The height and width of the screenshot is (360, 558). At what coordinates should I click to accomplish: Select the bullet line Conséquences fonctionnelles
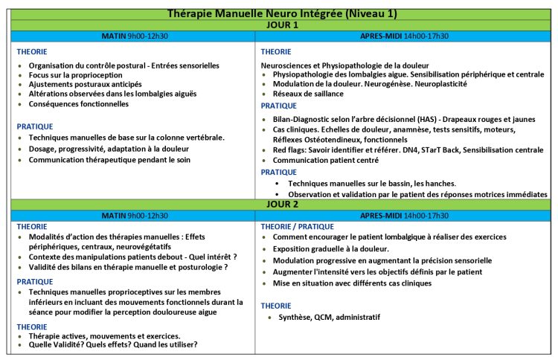pos(78,104)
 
